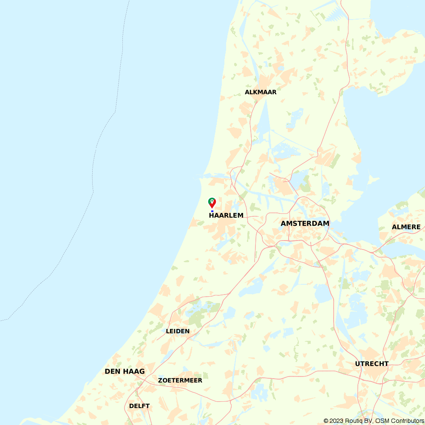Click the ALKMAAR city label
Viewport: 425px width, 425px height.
(261, 92)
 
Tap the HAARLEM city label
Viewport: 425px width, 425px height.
(226, 215)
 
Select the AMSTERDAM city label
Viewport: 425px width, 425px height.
(305, 224)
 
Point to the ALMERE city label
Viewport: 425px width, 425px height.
(406, 227)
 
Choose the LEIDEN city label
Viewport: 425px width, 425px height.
(178, 331)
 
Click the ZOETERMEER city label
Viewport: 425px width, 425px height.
(180, 380)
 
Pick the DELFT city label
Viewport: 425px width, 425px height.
(139, 406)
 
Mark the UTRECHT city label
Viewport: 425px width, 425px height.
(372, 364)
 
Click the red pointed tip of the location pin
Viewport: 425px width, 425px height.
(212, 207)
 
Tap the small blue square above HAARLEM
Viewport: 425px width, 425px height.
(212, 211)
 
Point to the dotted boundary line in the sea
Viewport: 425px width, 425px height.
(93, 178)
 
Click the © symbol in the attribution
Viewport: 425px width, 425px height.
(326, 421)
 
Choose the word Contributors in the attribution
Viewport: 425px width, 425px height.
(407, 421)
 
